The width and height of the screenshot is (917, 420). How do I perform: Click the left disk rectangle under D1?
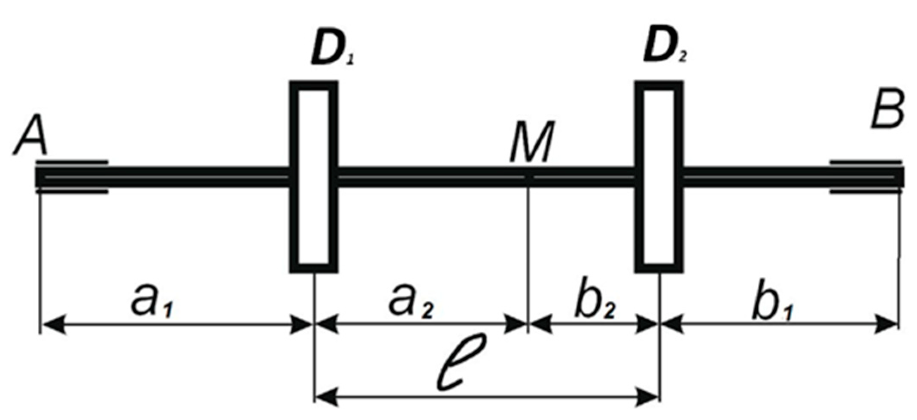click(x=314, y=177)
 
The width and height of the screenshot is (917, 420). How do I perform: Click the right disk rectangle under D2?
click(x=659, y=177)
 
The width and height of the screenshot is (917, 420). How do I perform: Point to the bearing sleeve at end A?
click(x=72, y=177)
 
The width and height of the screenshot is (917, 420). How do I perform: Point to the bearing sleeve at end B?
click(x=865, y=177)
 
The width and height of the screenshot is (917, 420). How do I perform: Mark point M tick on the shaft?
click(x=528, y=177)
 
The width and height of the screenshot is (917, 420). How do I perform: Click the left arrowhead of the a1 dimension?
click(x=52, y=324)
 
